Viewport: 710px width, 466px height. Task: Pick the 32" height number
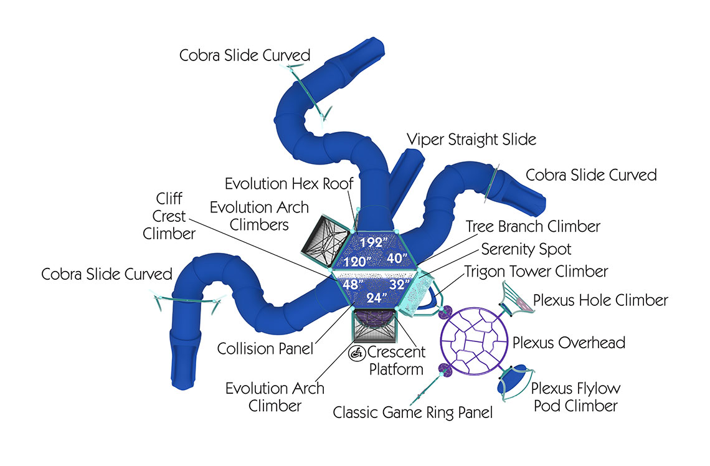pos(397,284)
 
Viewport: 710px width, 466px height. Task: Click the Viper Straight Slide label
pos(471,139)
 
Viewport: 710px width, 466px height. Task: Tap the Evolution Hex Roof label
pos(289,184)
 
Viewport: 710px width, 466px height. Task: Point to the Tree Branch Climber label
pos(533,226)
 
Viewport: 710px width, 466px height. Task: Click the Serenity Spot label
pos(526,249)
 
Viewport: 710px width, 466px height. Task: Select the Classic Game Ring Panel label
pos(413,412)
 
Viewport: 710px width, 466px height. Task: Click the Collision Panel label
pos(265,348)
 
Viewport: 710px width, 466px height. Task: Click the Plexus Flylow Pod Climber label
pos(575,397)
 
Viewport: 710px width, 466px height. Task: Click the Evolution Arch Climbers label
pos(258,215)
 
